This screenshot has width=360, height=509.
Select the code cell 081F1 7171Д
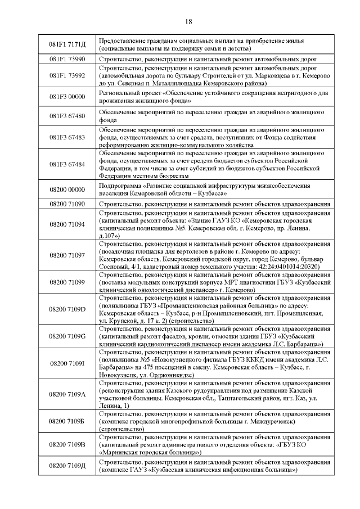coord(67,44)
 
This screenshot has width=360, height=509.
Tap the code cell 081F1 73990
coord(67,59)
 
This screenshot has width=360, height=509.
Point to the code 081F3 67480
coord(67,116)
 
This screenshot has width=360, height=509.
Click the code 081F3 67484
coord(67,164)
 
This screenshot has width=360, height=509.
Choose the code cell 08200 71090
coord(67,204)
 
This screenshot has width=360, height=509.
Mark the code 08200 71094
coord(67,224)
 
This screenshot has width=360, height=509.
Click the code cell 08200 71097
coord(67,255)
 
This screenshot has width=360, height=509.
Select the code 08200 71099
coord(67,282)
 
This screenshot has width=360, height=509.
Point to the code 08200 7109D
coord(67,309)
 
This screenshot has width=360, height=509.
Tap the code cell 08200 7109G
coord(67,336)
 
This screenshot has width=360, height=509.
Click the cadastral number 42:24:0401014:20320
coord(280,266)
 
